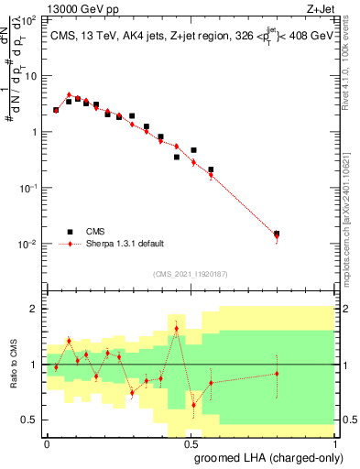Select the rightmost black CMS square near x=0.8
(x=277, y=234)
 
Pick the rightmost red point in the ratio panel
(x=277, y=373)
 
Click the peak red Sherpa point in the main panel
(x=70, y=94)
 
